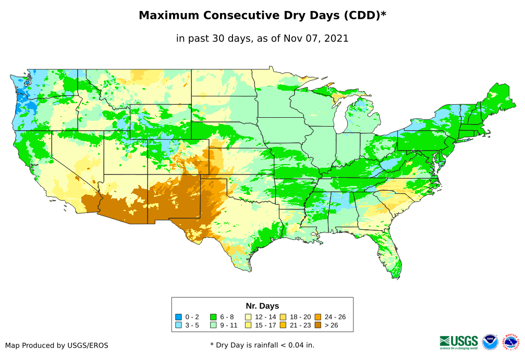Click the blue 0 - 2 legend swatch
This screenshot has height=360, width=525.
point(179,317)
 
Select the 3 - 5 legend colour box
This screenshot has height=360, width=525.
point(179,326)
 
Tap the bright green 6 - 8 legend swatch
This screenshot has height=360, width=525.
point(213,317)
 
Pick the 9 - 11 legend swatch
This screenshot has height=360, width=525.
point(213,326)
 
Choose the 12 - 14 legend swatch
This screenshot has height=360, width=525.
point(248,317)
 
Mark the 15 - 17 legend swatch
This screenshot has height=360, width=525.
point(248,326)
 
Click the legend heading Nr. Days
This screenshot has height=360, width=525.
point(262,306)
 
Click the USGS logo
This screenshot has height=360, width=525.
point(459,342)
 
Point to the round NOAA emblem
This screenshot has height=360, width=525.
point(490,342)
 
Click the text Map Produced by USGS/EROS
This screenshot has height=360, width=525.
point(57,345)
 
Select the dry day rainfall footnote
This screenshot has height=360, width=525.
point(262,345)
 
